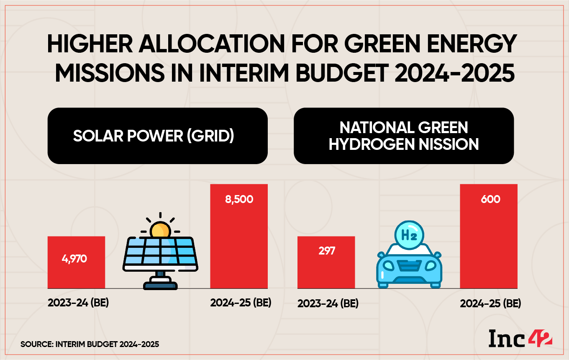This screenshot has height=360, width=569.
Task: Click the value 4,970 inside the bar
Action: click(74, 259)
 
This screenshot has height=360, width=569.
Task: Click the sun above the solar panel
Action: click(160, 230)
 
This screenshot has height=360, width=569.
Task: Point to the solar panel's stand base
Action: click(160, 285)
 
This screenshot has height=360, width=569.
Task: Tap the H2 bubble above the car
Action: click(408, 235)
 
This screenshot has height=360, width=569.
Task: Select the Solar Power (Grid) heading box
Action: click(157, 136)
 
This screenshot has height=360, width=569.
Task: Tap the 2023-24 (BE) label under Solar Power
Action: click(78, 303)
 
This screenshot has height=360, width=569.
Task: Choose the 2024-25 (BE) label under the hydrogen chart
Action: click(490, 303)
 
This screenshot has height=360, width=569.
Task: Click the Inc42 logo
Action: click(520, 338)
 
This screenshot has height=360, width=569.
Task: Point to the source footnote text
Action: click(90, 345)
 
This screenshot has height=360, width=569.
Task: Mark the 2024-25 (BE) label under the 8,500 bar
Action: click(241, 303)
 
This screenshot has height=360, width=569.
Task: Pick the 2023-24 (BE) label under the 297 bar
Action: click(328, 303)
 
